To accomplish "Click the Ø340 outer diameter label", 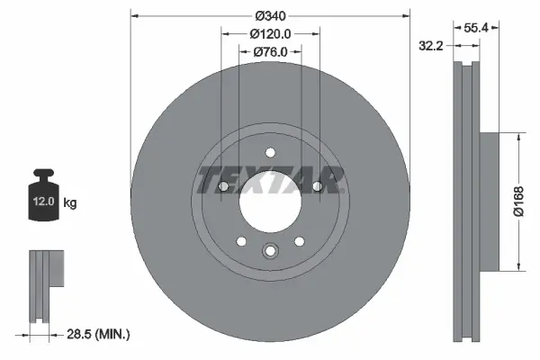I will [270, 15].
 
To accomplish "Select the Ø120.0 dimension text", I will [269, 33].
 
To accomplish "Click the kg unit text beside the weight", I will [69, 203].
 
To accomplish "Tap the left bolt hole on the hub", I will [222, 186].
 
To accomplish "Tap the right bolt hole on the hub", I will [318, 186].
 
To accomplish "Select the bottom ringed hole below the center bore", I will [270, 253].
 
